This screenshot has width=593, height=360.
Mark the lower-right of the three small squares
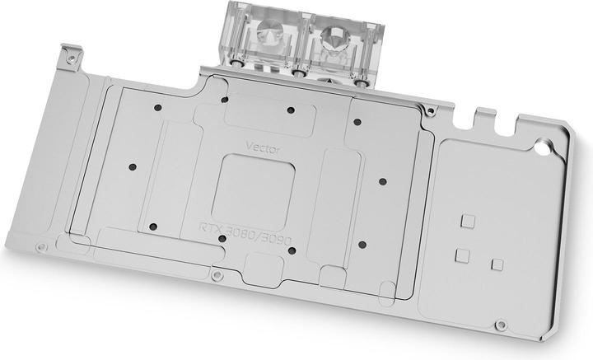coord(496,264)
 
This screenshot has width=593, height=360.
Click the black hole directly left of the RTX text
coord(152,225)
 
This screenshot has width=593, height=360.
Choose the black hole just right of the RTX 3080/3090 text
coord(362,244)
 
